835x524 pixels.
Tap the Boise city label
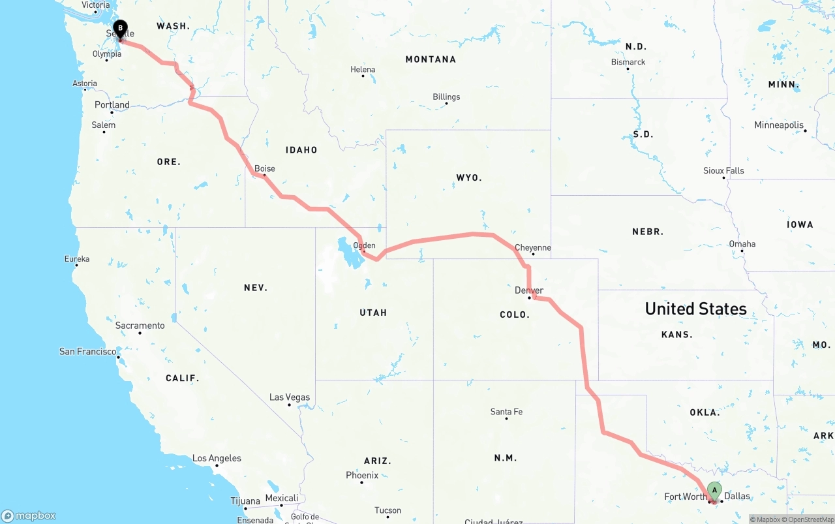click(265, 168)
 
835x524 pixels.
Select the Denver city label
click(528, 290)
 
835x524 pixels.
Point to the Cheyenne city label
click(533, 248)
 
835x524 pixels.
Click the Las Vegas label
click(290, 397)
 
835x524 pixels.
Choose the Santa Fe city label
click(506, 412)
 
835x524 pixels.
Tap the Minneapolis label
click(779, 125)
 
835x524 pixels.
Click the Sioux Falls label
click(723, 170)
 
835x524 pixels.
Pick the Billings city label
click(446, 97)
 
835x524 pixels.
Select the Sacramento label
click(140, 326)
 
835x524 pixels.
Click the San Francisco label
click(88, 351)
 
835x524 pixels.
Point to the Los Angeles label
click(217, 458)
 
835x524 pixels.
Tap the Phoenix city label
click(362, 475)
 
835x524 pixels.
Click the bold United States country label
click(695, 309)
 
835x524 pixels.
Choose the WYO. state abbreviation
click(469, 177)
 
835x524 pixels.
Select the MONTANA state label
click(431, 59)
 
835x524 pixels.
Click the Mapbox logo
click(29, 516)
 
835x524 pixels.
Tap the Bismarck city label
click(628, 62)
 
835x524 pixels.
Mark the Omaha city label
click(742, 244)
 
